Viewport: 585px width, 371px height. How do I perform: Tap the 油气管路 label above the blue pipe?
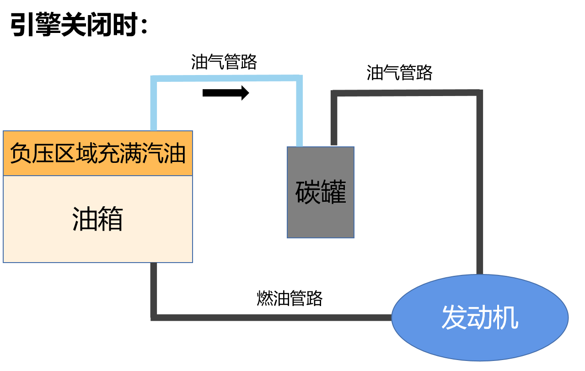(224, 62)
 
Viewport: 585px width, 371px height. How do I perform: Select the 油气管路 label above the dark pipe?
(399, 73)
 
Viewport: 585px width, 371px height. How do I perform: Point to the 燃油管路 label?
(290, 298)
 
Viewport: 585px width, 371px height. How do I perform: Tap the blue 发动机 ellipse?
(480, 318)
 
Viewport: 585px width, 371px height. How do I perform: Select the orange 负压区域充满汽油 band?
(97, 153)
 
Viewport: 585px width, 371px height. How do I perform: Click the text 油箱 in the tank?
(97, 219)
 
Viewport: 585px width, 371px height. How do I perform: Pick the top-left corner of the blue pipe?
(154, 79)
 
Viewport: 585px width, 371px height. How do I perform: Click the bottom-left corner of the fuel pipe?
(154, 317)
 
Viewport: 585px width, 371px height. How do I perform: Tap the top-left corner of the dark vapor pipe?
(334, 93)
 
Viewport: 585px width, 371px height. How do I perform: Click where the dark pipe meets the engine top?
(479, 274)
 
